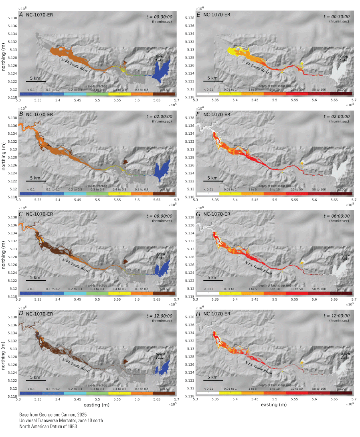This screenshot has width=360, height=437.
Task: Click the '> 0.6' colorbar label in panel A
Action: [x=164, y=91]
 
